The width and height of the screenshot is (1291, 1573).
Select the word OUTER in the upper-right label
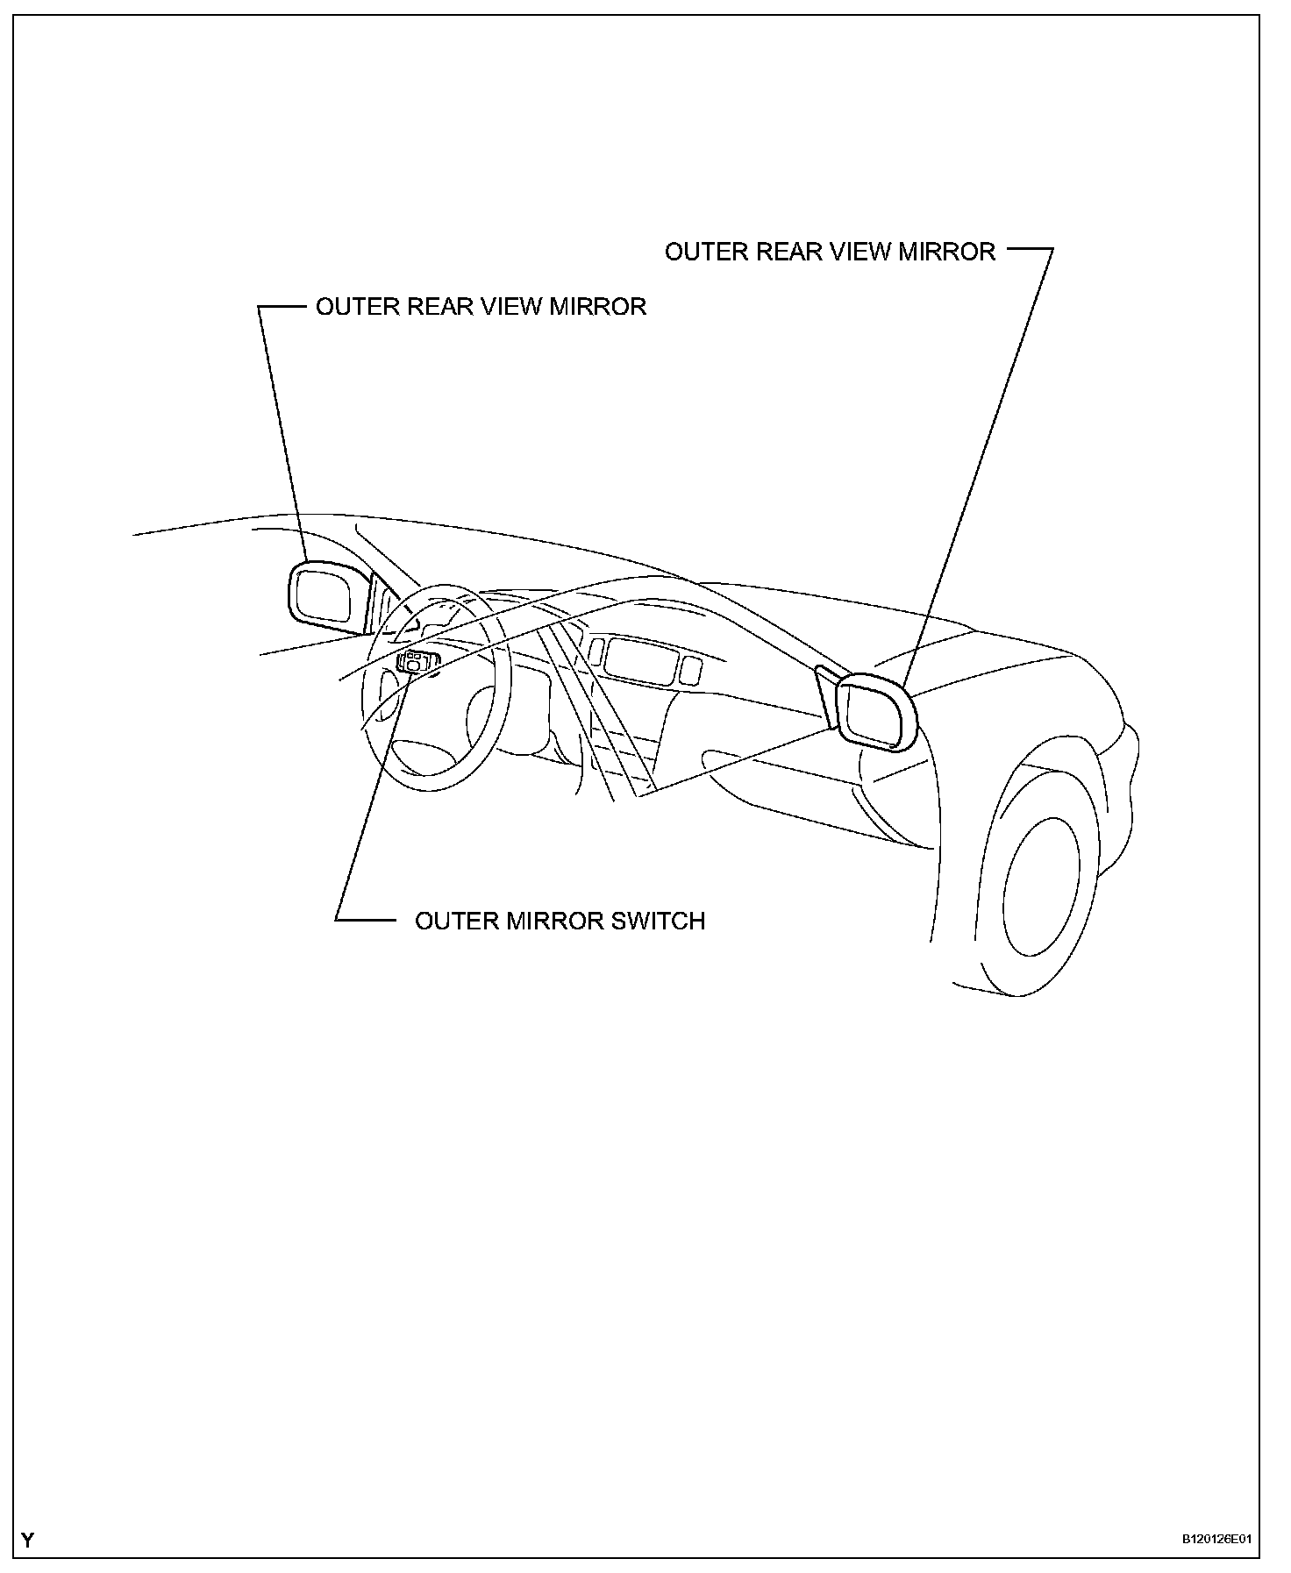coord(702,252)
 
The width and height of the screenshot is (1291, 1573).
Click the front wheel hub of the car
coord(1044,886)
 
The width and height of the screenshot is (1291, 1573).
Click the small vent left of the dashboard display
coord(596,650)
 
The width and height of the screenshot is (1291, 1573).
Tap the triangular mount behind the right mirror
coord(826,694)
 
